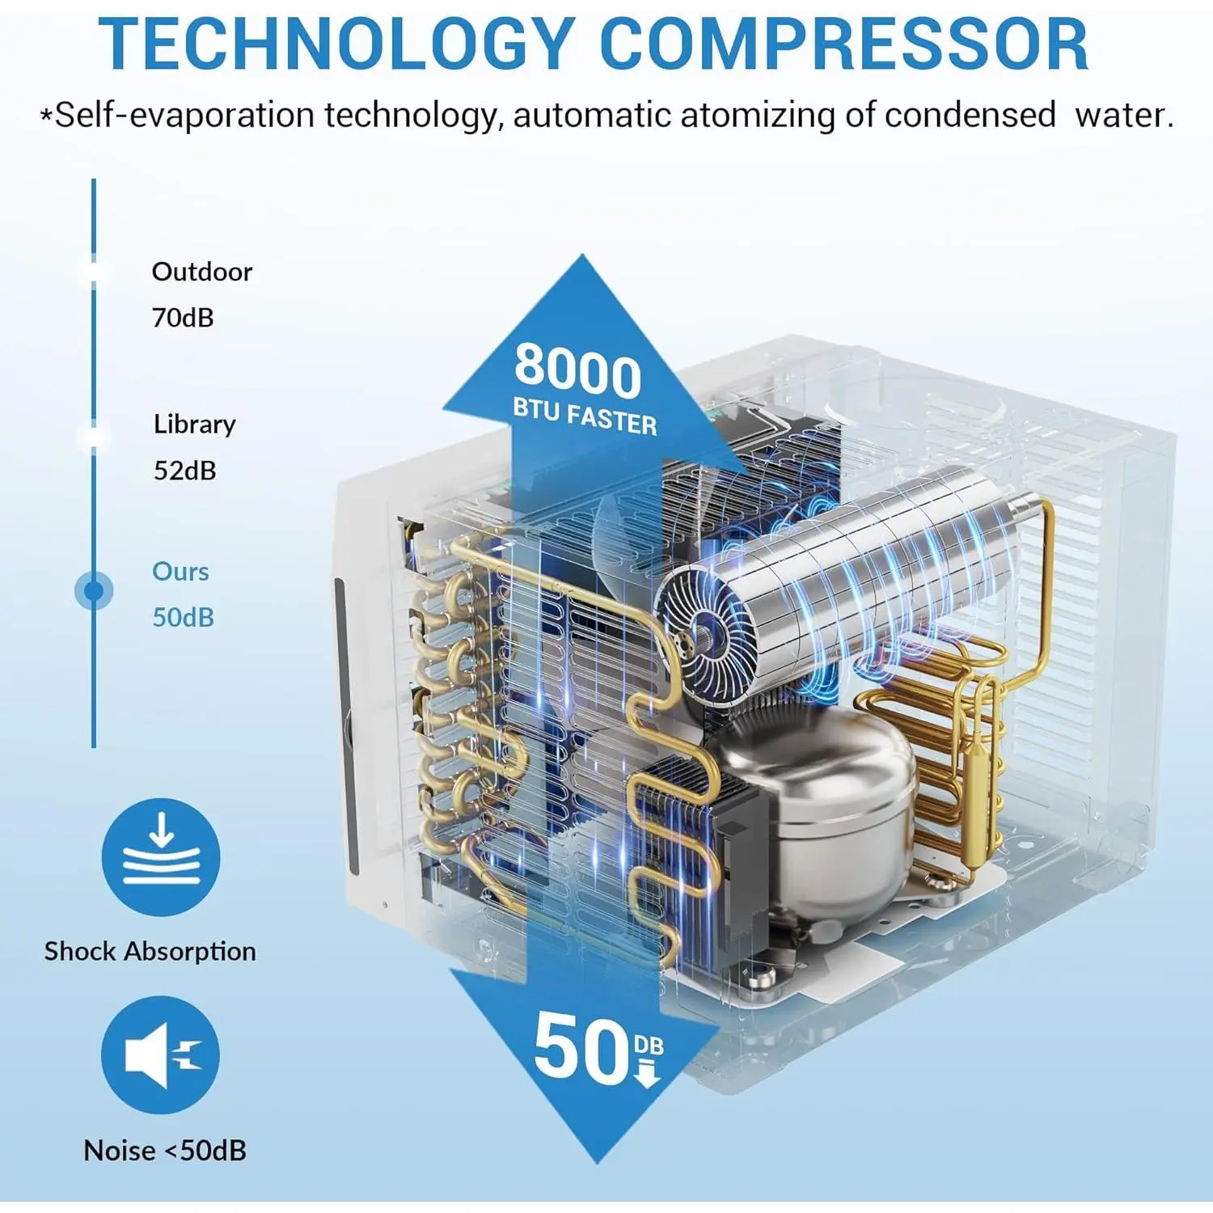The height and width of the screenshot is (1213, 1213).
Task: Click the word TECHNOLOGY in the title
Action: click(x=336, y=44)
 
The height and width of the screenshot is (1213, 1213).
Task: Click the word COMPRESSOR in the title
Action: click(x=844, y=44)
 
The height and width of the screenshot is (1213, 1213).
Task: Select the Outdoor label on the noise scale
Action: click(x=201, y=272)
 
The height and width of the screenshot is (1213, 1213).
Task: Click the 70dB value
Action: click(x=183, y=318)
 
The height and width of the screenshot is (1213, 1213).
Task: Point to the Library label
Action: click(x=194, y=425)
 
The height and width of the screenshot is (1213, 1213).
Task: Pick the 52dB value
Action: click(x=185, y=471)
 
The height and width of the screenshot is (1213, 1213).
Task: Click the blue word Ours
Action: click(x=180, y=572)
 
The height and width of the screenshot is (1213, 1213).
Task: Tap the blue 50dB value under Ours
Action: click(x=184, y=618)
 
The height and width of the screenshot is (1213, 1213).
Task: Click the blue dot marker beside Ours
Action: click(x=94, y=591)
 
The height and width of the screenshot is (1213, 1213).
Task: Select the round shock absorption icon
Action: click(x=161, y=856)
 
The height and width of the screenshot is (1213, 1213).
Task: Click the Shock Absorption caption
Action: click(x=150, y=951)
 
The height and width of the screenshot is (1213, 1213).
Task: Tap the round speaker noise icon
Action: click(x=161, y=1055)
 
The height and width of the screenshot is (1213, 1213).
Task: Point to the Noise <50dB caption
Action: click(x=165, y=1150)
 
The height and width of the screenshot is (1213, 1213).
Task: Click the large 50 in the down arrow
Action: click(x=581, y=1049)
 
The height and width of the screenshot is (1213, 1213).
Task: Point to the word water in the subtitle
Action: click(x=1124, y=116)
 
